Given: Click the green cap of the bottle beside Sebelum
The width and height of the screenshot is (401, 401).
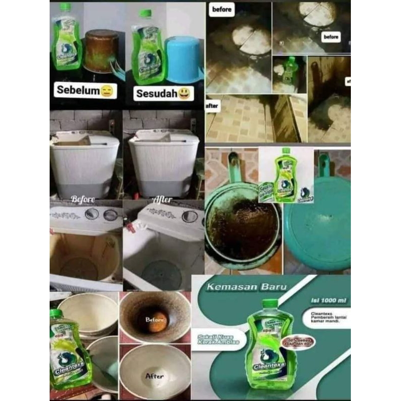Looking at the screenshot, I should coord(65,7).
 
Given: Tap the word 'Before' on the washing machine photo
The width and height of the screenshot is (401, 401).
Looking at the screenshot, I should coord(83,199).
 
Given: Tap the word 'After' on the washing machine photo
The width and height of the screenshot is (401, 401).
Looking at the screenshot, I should coord(162,199).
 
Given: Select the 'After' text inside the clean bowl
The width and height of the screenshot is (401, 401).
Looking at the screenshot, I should coord(154,374).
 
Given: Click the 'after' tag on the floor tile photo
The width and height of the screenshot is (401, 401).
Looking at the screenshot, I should coord(213,106).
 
